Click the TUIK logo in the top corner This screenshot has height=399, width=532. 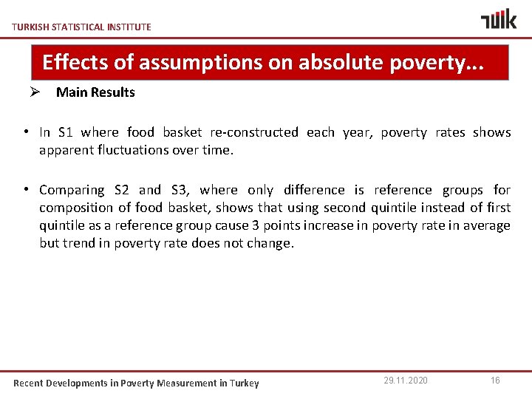pos(499,19)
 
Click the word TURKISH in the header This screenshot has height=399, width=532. pos(30,27)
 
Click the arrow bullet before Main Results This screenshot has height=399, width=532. pos(34,92)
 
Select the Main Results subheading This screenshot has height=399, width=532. pos(95,92)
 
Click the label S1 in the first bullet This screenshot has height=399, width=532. pos(66,132)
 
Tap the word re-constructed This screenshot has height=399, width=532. pos(254,132)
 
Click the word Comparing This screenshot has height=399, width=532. pos(72,190)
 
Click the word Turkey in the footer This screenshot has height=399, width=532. pos(245,383)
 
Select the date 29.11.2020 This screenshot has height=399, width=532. pos(406,381)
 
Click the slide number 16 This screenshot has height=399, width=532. pos(495,381)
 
